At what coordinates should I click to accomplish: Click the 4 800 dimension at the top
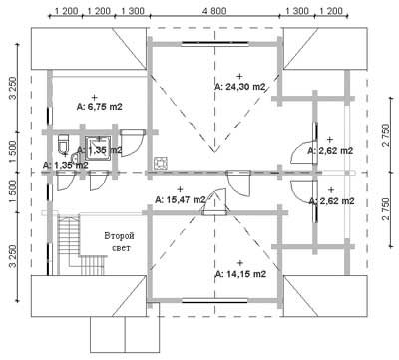(214, 11)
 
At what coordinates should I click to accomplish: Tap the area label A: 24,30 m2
(240, 87)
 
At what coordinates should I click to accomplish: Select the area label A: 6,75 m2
(100, 107)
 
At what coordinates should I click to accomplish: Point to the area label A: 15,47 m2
(181, 200)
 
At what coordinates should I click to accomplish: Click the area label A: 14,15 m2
(240, 274)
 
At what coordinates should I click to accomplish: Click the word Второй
(119, 236)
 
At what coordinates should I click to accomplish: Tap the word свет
(121, 248)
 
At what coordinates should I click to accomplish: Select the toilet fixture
(63, 144)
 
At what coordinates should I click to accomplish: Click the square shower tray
(98, 147)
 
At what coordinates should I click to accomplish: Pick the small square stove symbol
(161, 163)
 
